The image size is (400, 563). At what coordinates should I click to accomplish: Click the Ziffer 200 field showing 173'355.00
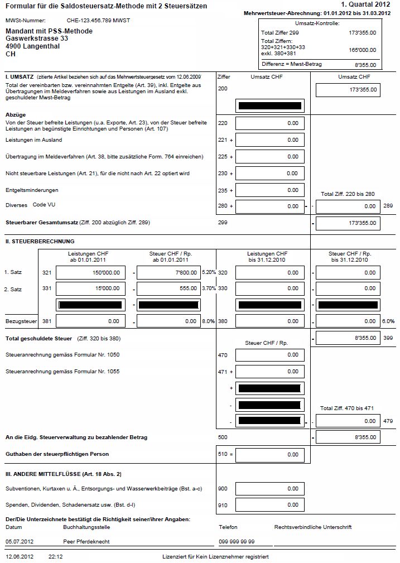tap(348, 89)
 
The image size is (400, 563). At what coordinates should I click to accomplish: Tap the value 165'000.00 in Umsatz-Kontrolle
tap(363, 50)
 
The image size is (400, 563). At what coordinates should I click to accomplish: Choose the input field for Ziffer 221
tap(270, 140)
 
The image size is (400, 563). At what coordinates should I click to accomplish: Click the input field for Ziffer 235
tap(270, 190)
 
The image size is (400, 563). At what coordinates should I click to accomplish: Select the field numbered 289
tap(348, 206)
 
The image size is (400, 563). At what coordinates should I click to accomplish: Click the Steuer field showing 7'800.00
tap(168, 273)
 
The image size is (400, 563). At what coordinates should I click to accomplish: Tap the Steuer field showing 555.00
tap(168, 288)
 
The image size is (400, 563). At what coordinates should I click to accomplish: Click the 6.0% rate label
tap(388, 321)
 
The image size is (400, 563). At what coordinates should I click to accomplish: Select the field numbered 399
tap(348, 338)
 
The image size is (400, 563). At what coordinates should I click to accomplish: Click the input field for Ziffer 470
tap(270, 355)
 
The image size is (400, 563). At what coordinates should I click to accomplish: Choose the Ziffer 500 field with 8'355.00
tap(348, 437)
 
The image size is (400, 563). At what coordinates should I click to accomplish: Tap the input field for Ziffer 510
tap(270, 455)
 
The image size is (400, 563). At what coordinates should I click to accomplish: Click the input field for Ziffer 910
tap(270, 506)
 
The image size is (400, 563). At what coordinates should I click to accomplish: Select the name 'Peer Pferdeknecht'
tap(86, 541)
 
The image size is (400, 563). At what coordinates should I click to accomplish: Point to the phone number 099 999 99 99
tap(237, 541)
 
